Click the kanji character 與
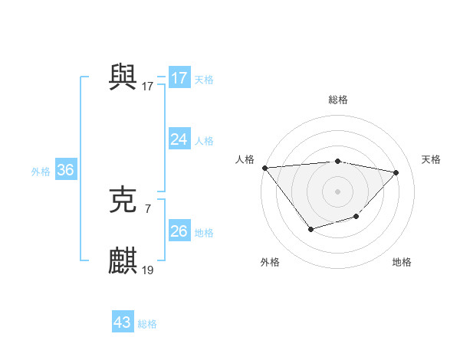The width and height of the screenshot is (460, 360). (x=123, y=77)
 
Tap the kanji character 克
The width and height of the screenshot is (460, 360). (x=123, y=200)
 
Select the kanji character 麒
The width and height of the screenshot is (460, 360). (x=123, y=260)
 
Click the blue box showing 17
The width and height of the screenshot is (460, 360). (x=179, y=78)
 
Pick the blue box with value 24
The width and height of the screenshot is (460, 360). (x=179, y=139)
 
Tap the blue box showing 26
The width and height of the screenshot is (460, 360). (x=179, y=231)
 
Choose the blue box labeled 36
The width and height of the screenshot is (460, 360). (x=65, y=170)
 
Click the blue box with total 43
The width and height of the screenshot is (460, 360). (x=123, y=322)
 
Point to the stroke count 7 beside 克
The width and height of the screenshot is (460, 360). (x=147, y=208)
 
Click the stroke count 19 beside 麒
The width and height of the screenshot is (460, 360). (x=148, y=270)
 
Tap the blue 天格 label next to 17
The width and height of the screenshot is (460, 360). (x=204, y=79)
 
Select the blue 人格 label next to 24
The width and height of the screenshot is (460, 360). (x=204, y=140)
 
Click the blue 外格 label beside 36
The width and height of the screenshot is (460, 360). (x=41, y=172)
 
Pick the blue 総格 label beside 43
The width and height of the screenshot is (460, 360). (x=147, y=324)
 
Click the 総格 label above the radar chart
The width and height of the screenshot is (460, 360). (x=338, y=100)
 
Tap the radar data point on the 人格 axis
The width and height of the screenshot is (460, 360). (x=264, y=168)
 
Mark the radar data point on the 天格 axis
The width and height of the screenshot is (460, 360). (x=396, y=172)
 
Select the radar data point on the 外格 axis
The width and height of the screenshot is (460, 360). (x=310, y=229)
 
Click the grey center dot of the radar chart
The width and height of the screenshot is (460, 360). (x=338, y=191)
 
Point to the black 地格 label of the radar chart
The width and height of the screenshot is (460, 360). (x=402, y=262)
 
